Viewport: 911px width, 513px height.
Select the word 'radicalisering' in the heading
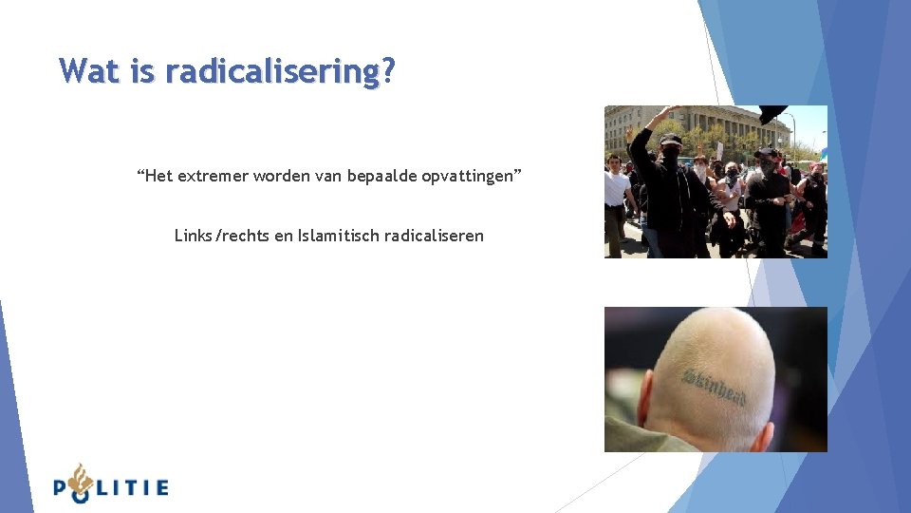coord(270,71)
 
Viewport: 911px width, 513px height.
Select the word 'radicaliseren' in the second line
coord(436,235)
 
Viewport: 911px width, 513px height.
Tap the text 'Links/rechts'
coord(222,235)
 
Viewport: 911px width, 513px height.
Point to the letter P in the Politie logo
coord(62,488)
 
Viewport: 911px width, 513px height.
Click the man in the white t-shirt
coord(617,195)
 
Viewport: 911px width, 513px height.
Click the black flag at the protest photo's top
coord(772,112)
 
